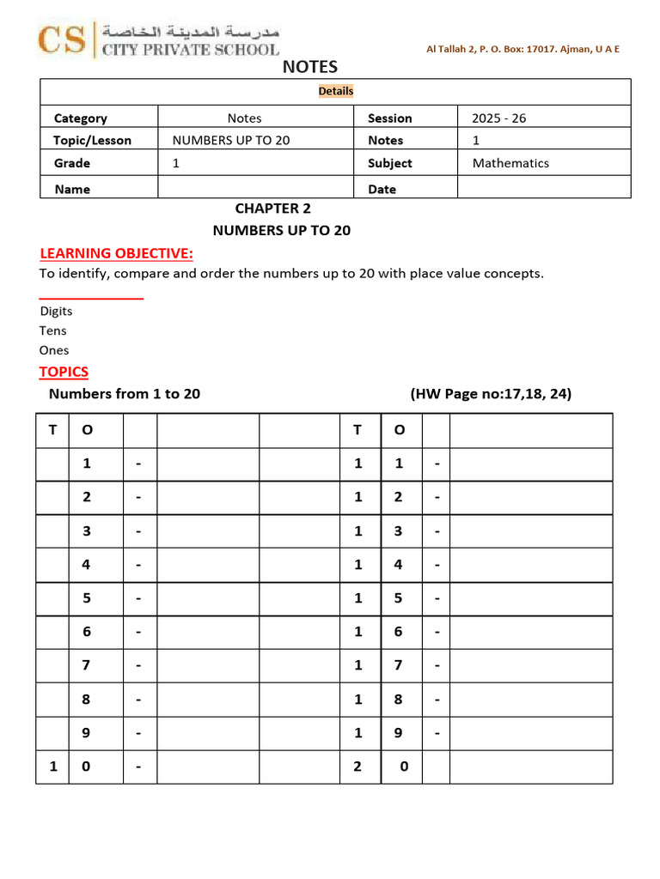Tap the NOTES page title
[x=310, y=67]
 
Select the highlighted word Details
[x=336, y=91]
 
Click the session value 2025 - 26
[x=498, y=118]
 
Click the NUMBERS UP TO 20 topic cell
[x=231, y=140]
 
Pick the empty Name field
[x=255, y=188]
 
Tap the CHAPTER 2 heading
[x=273, y=209]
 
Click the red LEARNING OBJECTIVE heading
[x=117, y=253]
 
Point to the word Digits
[x=56, y=312]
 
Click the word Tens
[x=52, y=330]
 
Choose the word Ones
[x=54, y=350]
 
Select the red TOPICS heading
[x=64, y=372]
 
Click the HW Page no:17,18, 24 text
[x=491, y=394]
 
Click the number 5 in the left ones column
[x=87, y=598]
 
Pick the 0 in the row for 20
[x=404, y=767]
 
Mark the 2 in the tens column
[x=357, y=767]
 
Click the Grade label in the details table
[x=72, y=163]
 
